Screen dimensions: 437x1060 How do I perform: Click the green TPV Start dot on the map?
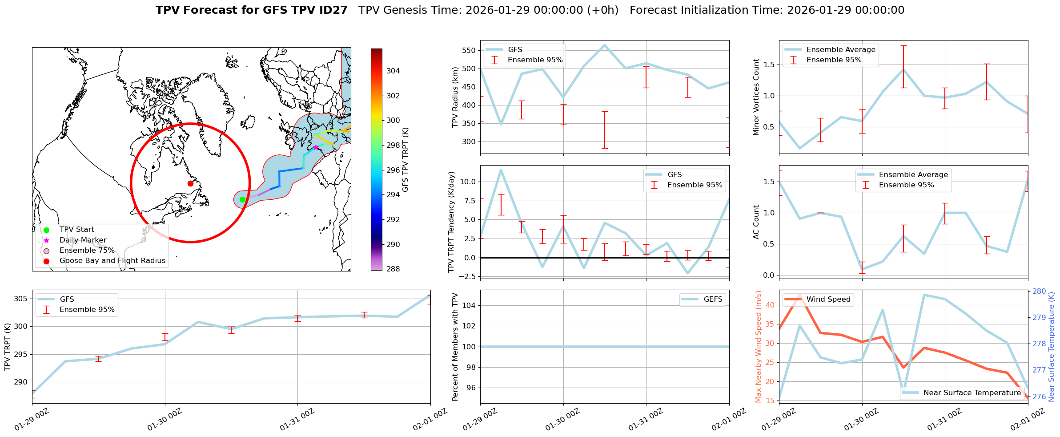click(x=242, y=199)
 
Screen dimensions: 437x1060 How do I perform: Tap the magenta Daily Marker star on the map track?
click(x=316, y=147)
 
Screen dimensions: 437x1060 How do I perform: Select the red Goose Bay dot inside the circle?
click(x=190, y=183)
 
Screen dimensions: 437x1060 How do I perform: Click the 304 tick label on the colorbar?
click(x=393, y=71)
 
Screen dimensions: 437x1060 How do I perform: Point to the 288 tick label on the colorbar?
click(x=393, y=269)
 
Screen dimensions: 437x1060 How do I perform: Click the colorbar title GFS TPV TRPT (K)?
click(x=406, y=160)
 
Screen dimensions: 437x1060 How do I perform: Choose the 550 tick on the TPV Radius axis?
click(x=469, y=50)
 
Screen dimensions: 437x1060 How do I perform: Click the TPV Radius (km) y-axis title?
click(x=455, y=97)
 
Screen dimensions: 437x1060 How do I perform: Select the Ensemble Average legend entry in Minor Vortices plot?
click(x=840, y=50)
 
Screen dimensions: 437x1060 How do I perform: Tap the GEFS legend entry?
click(x=713, y=299)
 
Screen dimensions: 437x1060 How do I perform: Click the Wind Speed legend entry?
click(x=828, y=299)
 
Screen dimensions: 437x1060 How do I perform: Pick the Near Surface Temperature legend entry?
click(x=972, y=392)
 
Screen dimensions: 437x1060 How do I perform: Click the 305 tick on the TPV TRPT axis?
click(x=20, y=299)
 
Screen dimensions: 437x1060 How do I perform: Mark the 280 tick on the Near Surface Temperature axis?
click(x=1039, y=291)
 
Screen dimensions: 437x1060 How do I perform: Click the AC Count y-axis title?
click(x=756, y=222)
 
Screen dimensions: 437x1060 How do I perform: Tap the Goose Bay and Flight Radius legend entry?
click(x=112, y=261)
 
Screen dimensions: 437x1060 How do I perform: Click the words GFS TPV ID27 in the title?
click(x=305, y=10)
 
